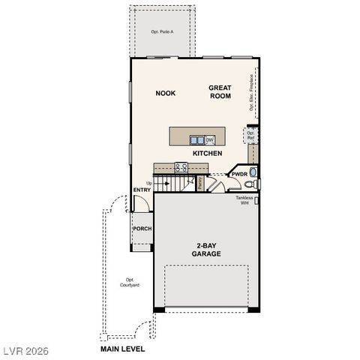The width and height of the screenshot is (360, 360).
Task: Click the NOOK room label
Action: pos(165,93)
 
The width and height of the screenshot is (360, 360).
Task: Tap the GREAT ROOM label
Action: pos(220,92)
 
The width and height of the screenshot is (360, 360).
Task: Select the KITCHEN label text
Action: pos(207,153)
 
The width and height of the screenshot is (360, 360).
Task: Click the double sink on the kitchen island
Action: pos(196,139)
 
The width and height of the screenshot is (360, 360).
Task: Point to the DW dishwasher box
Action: pos(210,139)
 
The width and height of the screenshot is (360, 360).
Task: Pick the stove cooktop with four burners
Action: pos(180,167)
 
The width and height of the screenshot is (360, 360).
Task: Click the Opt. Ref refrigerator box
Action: pos(251,136)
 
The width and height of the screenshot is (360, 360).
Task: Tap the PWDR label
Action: pos(238,174)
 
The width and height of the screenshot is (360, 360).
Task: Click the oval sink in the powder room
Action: pos(254,172)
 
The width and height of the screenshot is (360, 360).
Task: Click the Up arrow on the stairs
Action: pos(149,183)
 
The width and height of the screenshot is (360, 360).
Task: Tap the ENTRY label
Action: pos(142,190)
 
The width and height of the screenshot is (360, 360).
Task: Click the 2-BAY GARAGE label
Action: pos(205,250)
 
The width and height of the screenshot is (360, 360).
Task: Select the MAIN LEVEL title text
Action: pos(122,349)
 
